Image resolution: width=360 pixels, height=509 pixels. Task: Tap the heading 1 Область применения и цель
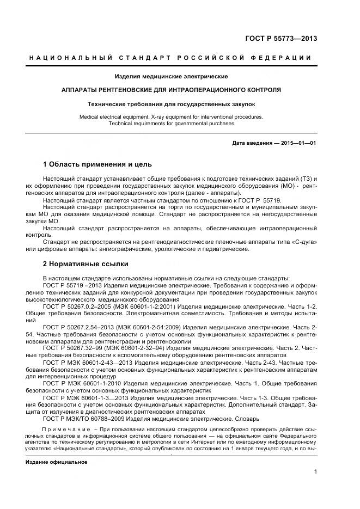(x=97, y=164)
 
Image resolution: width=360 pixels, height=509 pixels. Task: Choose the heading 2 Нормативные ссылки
(x=86, y=264)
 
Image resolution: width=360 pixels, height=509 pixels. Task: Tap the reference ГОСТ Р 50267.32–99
(x=74, y=348)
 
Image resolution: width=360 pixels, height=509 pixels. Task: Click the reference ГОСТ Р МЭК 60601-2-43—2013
(x=85, y=362)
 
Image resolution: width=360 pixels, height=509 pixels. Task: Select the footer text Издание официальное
(x=56, y=462)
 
